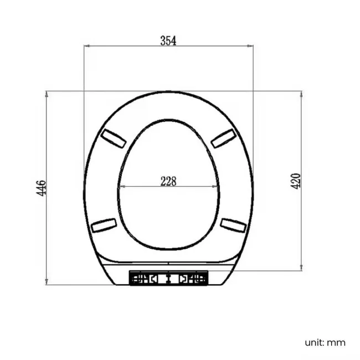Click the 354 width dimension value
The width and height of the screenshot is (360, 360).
tap(168, 40)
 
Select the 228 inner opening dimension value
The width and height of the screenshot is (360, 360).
tap(168, 180)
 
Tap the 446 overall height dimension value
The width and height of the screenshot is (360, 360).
tap(41, 188)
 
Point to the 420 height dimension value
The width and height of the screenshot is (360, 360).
tap(296, 181)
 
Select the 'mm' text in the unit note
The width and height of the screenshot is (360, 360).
tap(336, 342)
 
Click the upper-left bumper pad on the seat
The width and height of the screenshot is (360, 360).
tap(112, 138)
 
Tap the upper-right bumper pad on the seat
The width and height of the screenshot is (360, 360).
tap(224, 138)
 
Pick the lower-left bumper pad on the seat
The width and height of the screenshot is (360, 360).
tap(104, 225)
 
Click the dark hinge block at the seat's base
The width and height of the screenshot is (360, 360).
tap(168, 277)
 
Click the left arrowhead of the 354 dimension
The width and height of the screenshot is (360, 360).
tap(86, 47)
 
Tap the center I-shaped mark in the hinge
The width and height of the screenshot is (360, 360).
tap(168, 277)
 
